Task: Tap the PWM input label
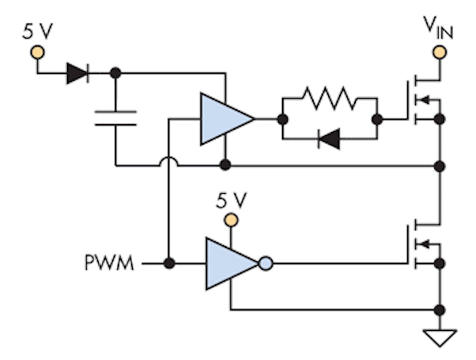109,263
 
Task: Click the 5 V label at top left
37,31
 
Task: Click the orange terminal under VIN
439,52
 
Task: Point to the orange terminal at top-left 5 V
37,52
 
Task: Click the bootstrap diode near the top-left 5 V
77,74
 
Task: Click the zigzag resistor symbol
329,98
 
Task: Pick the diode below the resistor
329,139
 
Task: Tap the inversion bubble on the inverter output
266,263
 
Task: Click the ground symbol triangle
439,337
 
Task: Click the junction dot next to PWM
169,263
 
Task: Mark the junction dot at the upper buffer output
283,119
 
